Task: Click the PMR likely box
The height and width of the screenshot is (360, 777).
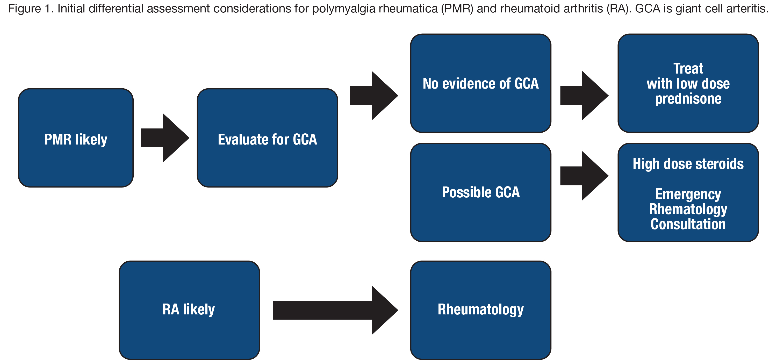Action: [x=76, y=138]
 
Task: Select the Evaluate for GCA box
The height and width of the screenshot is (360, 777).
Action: [x=267, y=138]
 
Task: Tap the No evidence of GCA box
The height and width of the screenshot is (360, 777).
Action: [x=480, y=83]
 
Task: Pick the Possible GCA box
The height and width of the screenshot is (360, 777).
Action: [x=480, y=192]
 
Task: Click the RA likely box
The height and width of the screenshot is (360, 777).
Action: [x=189, y=310]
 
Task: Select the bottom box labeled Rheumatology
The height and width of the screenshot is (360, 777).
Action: [x=480, y=310]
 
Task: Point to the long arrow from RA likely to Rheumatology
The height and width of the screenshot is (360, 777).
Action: [x=335, y=310]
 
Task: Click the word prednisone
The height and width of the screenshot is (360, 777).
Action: [x=688, y=99]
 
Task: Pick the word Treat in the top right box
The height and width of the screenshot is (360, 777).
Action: [x=688, y=68]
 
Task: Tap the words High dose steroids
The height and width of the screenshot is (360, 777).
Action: [x=688, y=164]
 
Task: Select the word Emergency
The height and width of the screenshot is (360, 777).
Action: [x=688, y=194]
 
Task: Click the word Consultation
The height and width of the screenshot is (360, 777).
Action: [x=688, y=224]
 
